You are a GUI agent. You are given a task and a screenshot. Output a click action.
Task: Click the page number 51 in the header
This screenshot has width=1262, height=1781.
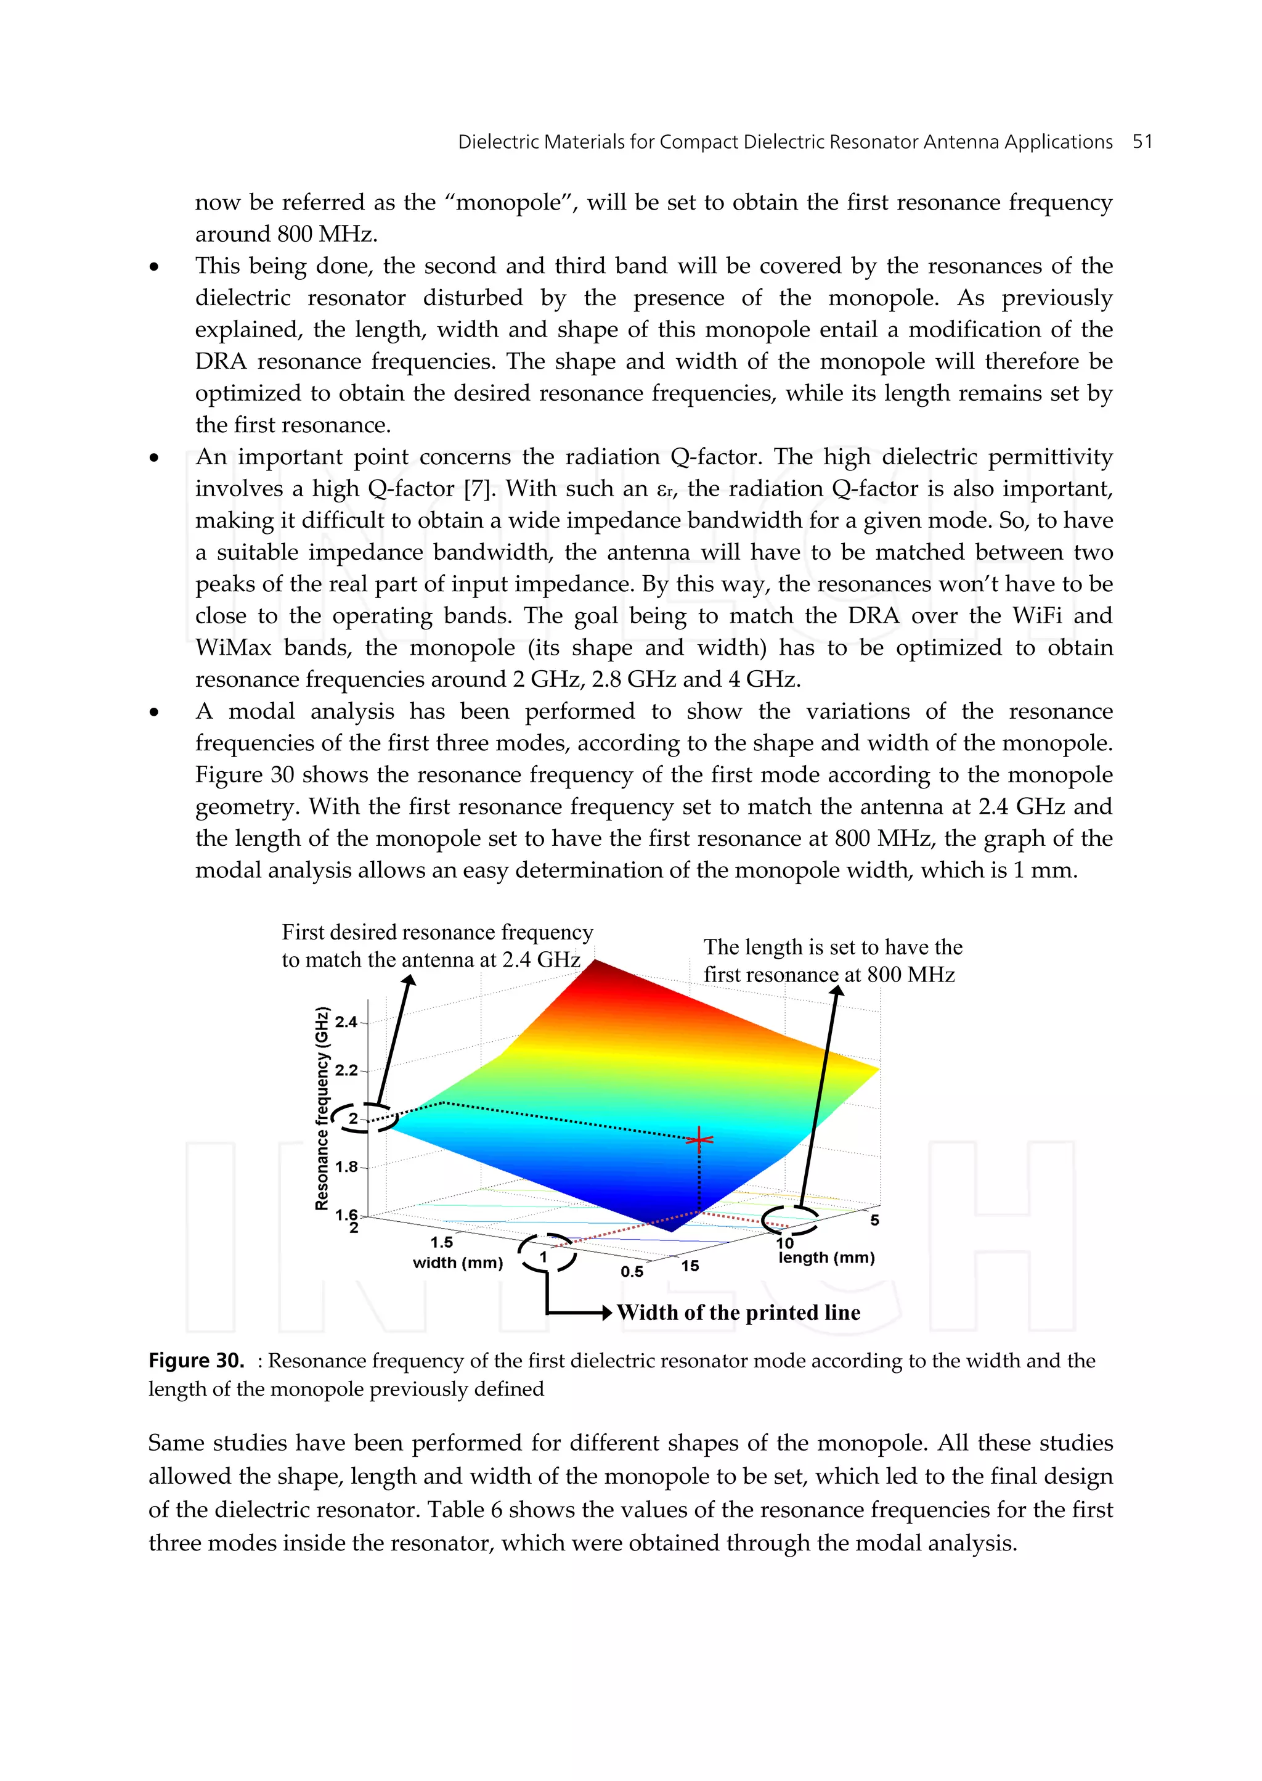(x=1142, y=142)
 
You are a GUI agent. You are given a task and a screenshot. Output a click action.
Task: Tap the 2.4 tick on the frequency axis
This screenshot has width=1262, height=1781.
(x=346, y=1022)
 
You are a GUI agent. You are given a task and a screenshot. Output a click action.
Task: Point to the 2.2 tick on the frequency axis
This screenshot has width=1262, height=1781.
(x=346, y=1070)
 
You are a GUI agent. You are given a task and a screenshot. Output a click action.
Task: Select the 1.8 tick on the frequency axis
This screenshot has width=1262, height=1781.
(x=346, y=1167)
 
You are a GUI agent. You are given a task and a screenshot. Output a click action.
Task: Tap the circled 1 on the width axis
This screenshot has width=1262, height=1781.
(x=544, y=1257)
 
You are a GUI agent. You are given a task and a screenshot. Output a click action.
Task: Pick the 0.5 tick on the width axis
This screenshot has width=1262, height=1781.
(x=631, y=1272)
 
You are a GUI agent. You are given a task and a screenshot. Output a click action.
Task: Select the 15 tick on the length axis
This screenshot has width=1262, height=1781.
(x=690, y=1266)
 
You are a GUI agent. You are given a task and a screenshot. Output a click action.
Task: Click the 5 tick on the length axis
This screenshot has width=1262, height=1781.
(x=874, y=1221)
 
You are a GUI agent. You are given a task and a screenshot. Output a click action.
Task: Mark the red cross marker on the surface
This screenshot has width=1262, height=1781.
(x=699, y=1140)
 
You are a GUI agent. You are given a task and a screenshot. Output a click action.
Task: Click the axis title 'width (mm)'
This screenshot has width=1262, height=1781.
(x=458, y=1263)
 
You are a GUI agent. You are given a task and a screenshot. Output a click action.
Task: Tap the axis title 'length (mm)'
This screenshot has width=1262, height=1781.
(x=826, y=1258)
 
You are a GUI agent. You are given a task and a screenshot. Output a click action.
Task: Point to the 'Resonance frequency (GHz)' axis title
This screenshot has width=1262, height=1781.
(x=322, y=1108)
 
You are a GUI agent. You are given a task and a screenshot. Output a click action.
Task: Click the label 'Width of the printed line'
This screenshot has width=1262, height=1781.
(x=738, y=1313)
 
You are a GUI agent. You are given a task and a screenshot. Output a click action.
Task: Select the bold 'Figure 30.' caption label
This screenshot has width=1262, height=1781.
(x=197, y=1361)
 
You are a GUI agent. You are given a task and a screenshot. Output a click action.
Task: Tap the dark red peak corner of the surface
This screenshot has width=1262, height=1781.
(x=598, y=964)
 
